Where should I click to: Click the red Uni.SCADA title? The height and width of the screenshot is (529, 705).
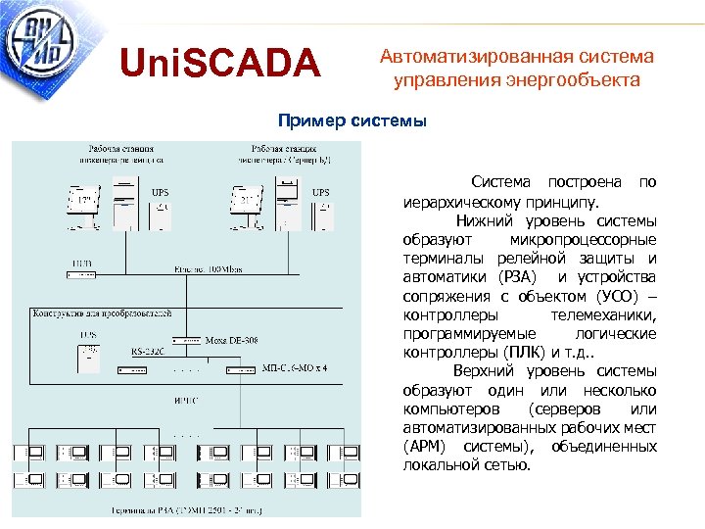[x=219, y=66]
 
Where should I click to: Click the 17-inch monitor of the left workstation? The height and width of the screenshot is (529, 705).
[x=84, y=201]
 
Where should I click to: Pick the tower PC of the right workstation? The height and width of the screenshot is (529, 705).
[x=286, y=196]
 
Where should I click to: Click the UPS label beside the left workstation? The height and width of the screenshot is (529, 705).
[x=160, y=192]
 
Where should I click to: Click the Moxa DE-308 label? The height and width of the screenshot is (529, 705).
[x=232, y=341]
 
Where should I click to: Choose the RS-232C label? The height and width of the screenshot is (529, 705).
[x=148, y=351]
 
